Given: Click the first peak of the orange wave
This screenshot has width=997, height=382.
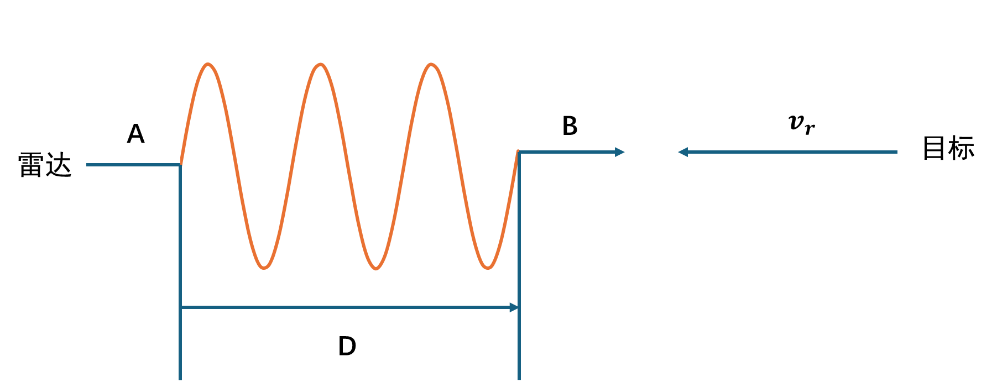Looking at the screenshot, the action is pos(208,65).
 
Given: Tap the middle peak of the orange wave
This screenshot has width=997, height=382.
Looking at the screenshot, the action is pos(320,65).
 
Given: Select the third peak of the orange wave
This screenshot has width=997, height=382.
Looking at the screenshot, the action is pos(431,65).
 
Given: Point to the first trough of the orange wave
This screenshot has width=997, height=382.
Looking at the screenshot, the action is pos(264,268).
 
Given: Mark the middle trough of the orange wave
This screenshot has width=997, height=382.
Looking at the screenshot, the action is pos(376,268).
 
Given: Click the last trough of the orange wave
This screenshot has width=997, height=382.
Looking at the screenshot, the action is pos(488,268).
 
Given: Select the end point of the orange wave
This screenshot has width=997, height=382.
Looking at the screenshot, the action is pos(518,151).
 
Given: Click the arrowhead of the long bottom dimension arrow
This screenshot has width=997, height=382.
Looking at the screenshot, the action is pos(515,307).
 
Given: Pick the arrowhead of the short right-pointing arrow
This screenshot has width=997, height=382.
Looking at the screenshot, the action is pos(620,152).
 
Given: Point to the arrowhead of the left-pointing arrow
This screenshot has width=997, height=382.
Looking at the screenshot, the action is pos(682,152).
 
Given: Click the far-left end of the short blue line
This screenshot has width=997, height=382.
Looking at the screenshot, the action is pos(87,165).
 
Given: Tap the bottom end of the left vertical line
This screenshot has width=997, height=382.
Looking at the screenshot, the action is pos(180,379).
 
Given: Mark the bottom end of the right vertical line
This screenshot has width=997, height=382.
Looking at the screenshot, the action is pos(519,379).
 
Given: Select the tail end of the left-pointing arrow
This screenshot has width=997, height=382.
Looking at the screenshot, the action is pos(896,152).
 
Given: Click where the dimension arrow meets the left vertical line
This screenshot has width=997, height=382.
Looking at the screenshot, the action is pos(181,307).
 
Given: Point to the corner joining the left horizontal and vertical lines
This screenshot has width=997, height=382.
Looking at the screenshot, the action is pos(181,165).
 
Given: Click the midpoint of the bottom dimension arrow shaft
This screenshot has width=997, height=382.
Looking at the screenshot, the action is pos(349,307).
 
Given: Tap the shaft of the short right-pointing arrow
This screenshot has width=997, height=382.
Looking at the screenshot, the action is pos(567,152).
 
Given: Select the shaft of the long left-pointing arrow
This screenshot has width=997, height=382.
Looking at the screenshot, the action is pos(791,152).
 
